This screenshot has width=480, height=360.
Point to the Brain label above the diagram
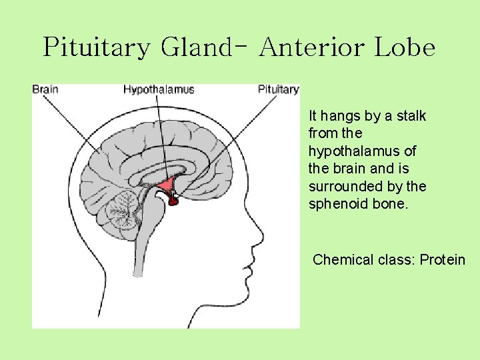pos(45,89)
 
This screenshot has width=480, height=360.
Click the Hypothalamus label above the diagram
pos(159,89)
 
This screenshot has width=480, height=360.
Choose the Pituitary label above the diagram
pos(279,89)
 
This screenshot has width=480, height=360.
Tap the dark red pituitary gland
pos(173,198)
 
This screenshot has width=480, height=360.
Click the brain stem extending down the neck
pos(138,247)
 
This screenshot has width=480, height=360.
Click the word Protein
pos(443,259)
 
